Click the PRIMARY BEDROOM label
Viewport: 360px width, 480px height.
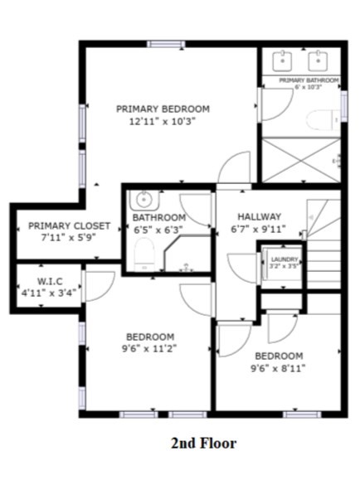163,109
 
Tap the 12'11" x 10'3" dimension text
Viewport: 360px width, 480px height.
163,121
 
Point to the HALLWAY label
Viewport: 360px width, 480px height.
260,216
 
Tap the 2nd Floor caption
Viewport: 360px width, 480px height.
204,443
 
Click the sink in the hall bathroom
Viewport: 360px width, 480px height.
144,199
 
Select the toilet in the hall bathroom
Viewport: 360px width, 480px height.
144,254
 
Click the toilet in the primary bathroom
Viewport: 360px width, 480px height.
319,121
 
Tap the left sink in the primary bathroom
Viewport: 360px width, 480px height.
284,60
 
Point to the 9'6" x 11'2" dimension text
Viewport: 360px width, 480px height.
150,348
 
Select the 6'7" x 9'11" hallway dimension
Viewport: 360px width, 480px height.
260,230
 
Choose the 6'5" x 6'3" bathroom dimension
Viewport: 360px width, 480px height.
158,230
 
